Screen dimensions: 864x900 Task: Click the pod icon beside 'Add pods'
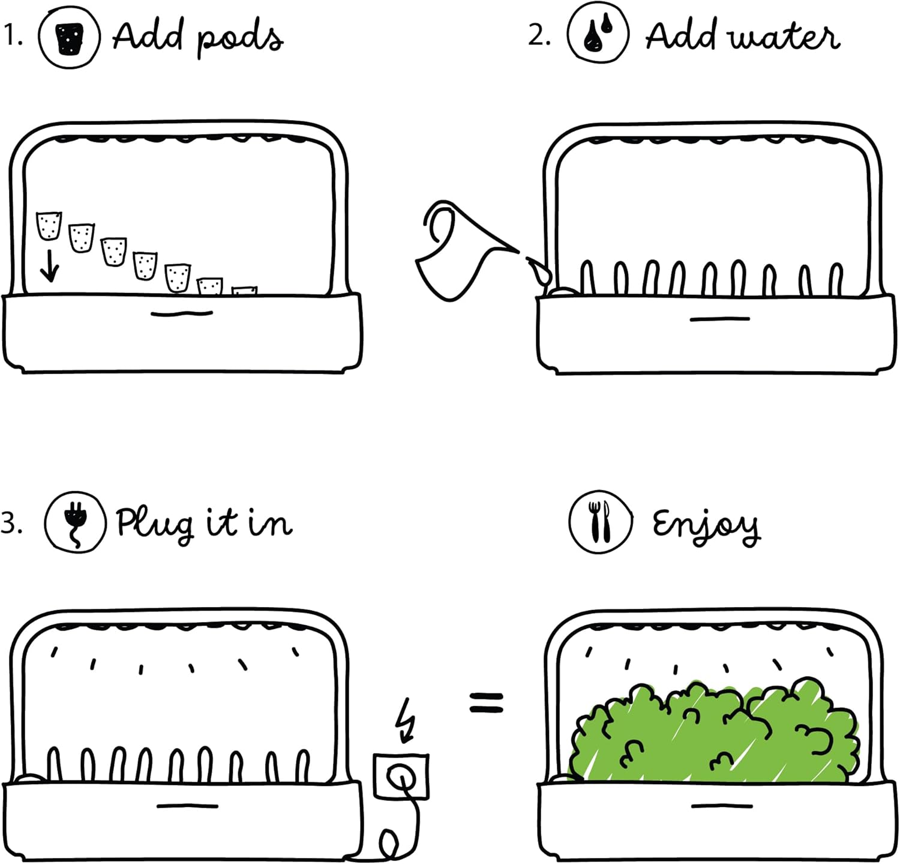(x=70, y=37)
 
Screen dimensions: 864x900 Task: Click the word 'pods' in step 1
(x=240, y=40)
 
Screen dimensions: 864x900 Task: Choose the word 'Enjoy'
(x=706, y=526)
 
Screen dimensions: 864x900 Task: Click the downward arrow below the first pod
(x=49, y=265)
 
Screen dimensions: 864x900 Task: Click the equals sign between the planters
(x=486, y=702)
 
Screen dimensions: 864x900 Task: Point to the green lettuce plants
(x=714, y=733)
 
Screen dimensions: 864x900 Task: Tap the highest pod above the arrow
(x=49, y=225)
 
